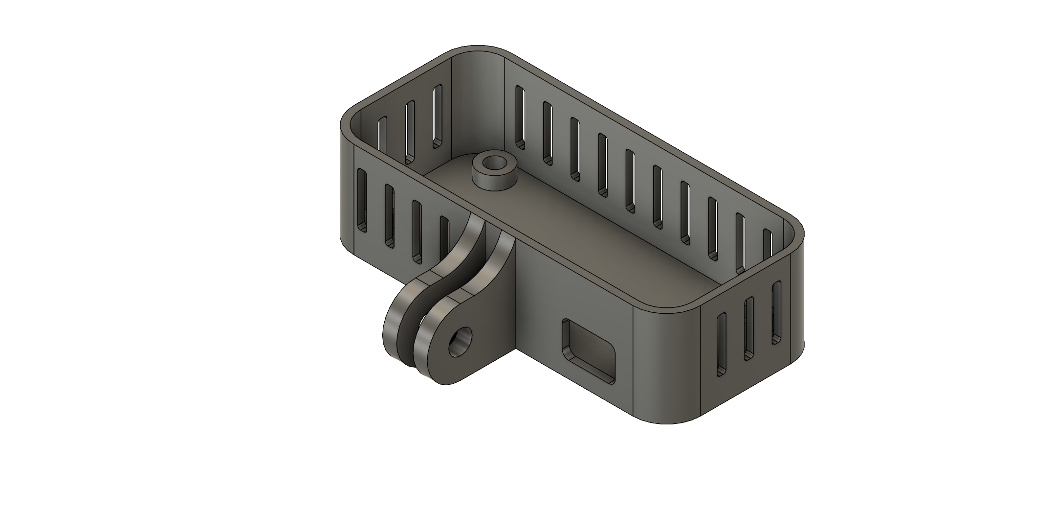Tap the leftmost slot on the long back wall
tap(520, 117)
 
